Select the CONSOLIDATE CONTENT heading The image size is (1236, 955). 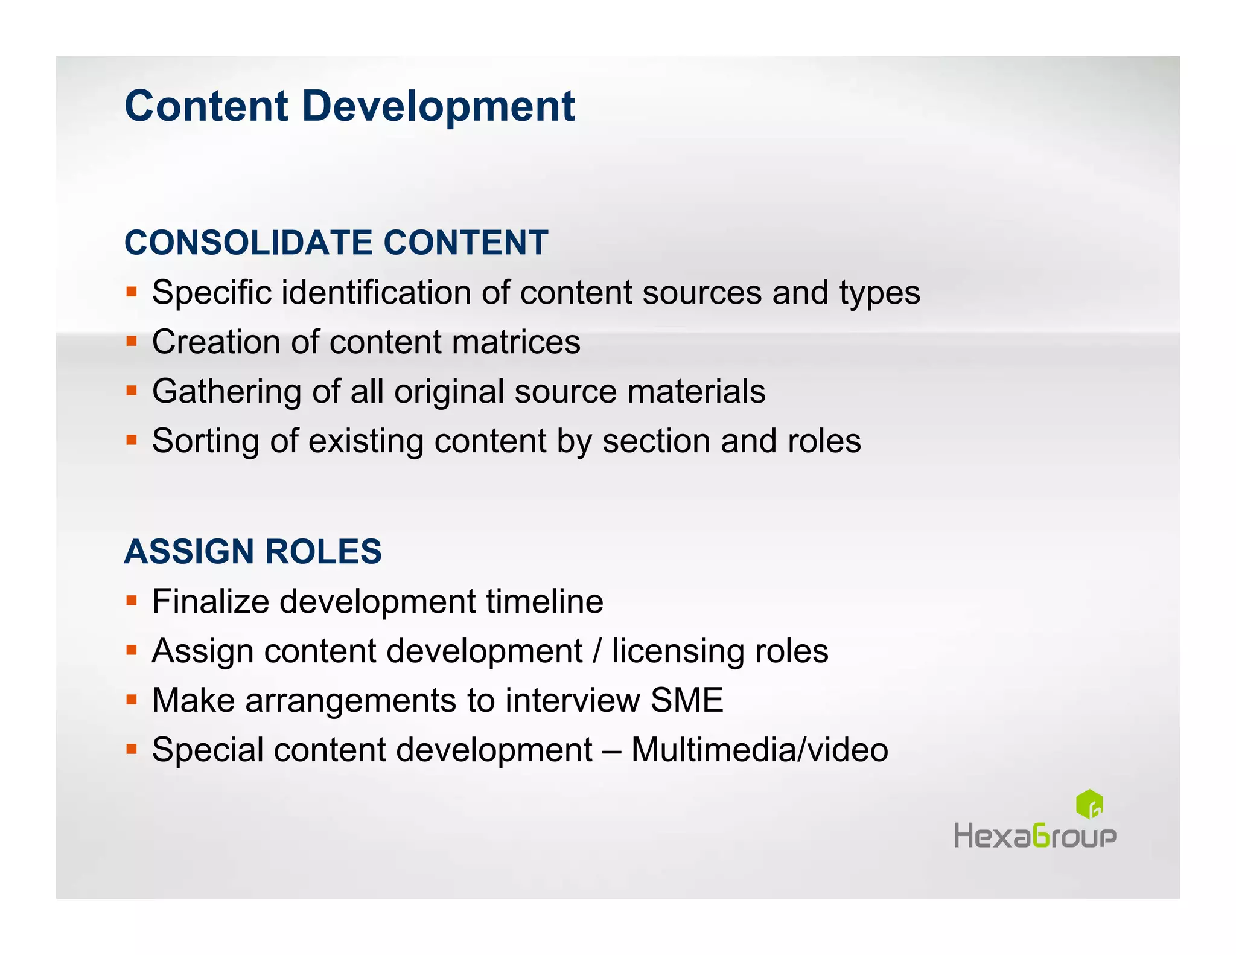click(x=336, y=243)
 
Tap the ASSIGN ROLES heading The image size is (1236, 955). click(x=253, y=552)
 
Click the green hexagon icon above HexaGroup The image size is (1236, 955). click(x=1089, y=804)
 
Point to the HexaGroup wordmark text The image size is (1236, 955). click(x=1034, y=837)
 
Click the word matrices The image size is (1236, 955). click(x=516, y=342)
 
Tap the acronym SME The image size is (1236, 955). click(x=687, y=700)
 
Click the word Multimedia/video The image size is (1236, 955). click(x=759, y=750)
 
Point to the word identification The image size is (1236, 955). click(x=376, y=293)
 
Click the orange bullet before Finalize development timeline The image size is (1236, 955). click(x=132, y=601)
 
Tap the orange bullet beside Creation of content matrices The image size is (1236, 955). click(x=132, y=342)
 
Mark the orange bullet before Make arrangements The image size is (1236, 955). click(x=132, y=700)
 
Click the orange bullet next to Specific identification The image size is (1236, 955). click(x=132, y=292)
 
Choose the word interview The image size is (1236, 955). click(x=572, y=700)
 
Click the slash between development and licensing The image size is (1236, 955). click(x=597, y=651)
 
